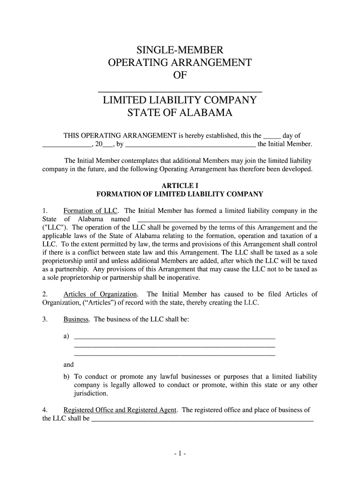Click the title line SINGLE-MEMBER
180,50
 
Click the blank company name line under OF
180,89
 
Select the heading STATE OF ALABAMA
180,113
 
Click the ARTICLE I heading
180,185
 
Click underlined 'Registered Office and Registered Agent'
120,410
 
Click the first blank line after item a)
174,337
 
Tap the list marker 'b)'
66,376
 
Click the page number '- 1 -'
180,453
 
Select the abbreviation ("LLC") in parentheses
53,227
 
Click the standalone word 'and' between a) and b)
69,365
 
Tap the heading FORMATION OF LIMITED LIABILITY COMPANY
180,194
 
